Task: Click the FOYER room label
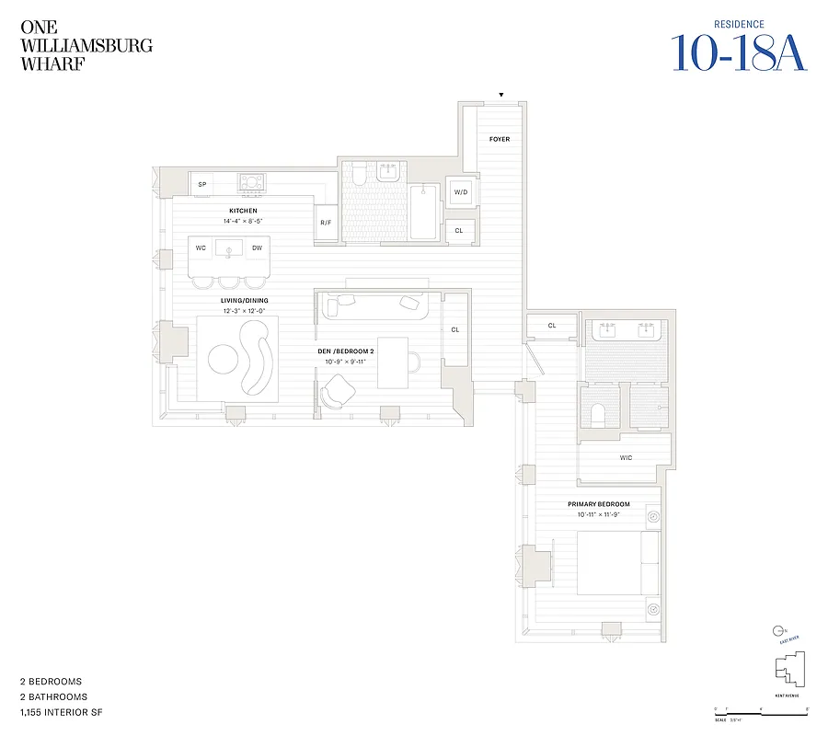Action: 500,139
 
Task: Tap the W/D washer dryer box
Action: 459,192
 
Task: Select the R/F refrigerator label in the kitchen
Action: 326,223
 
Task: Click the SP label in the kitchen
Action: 202,185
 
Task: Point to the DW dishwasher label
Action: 257,248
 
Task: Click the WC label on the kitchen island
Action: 201,248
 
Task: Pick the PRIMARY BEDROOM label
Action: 598,504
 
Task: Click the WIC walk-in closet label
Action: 626,457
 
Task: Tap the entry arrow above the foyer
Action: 501,94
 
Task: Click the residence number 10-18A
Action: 739,52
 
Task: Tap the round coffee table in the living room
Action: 224,359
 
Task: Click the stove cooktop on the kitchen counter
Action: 252,183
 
